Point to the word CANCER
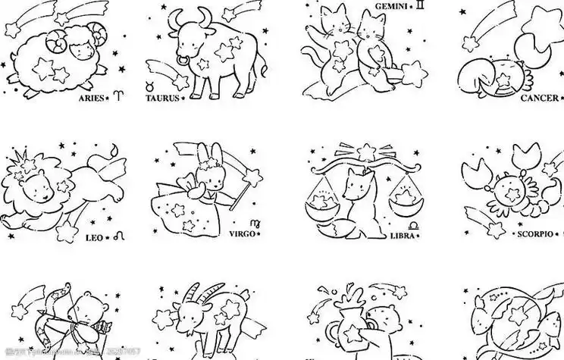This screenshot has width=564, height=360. click(538, 99)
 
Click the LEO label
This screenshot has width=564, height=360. click(94, 238)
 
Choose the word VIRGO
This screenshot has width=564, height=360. click(244, 235)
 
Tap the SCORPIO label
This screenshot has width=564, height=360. click(537, 235)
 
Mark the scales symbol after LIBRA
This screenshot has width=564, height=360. click(414, 226)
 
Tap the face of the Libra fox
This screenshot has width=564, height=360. click(354, 186)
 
